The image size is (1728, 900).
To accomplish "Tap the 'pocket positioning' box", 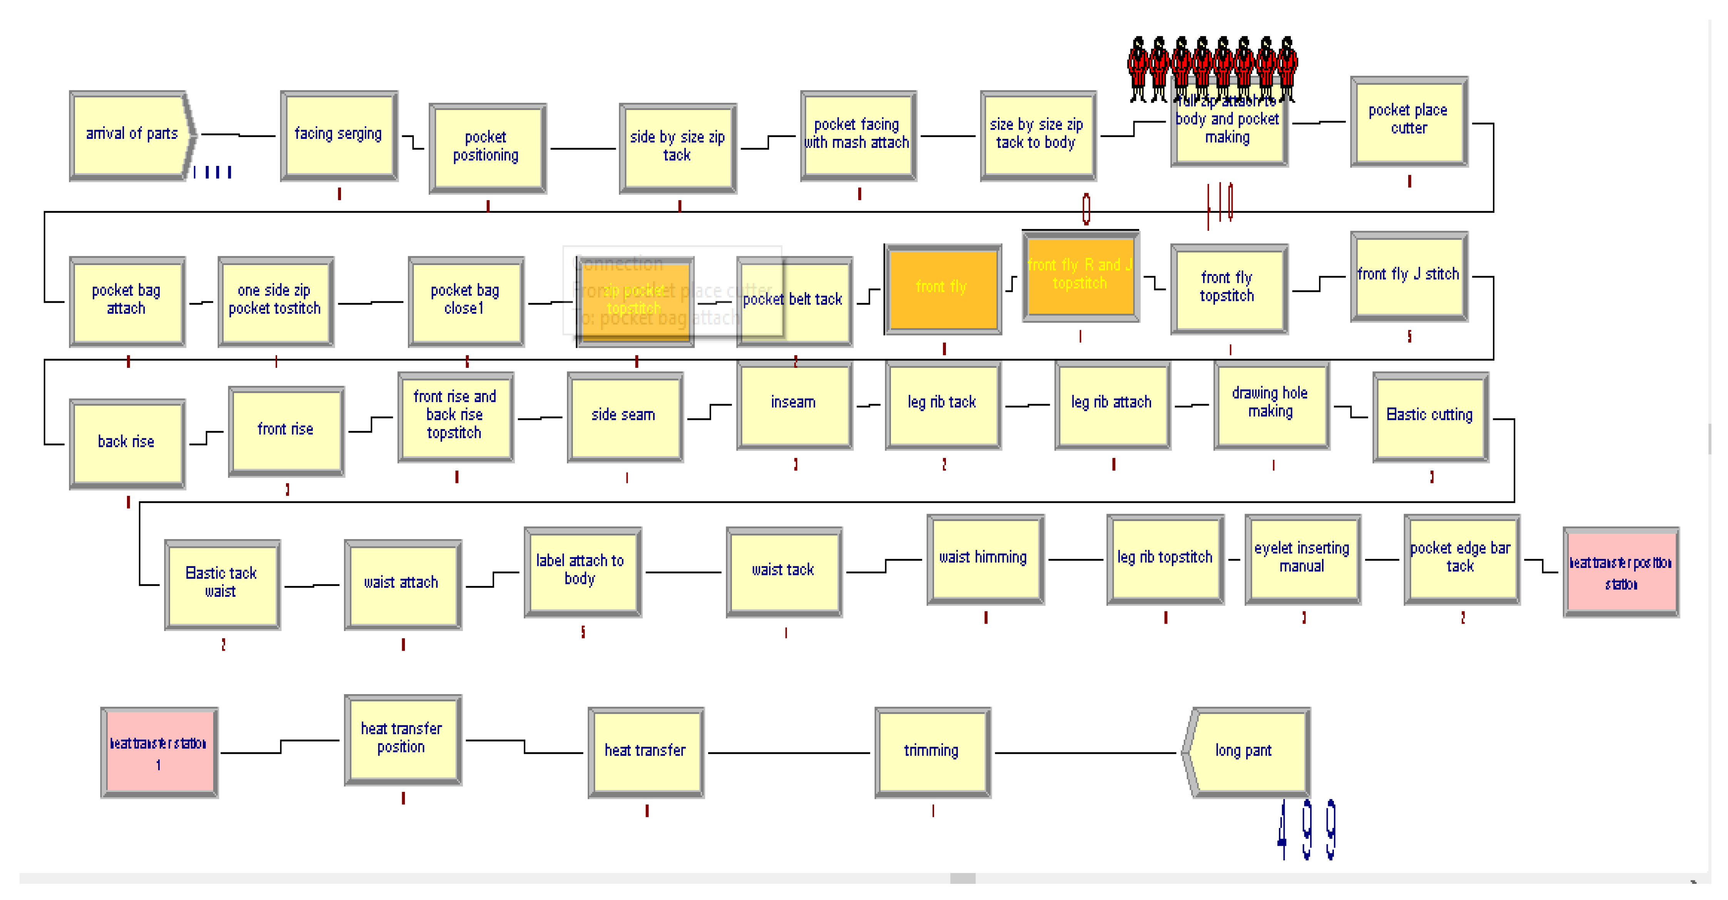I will coord(487,147).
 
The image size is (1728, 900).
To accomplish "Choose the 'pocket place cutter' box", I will coord(1409,121).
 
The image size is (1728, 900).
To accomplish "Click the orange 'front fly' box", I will coord(943,288).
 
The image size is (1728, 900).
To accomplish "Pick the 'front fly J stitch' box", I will coord(1409,276).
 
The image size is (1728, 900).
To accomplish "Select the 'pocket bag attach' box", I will coord(127,301).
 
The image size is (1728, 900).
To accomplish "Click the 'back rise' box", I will coord(127,442).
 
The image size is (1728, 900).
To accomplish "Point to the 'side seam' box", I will coord(625,416).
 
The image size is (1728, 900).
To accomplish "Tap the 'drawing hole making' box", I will coord(1271,404).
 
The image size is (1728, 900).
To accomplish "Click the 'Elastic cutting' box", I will coord(1430,416).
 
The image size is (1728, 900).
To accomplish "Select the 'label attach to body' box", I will coord(582,571).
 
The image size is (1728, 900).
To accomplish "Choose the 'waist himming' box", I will coord(985,559).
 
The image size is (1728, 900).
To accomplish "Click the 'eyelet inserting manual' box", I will coord(1302,559).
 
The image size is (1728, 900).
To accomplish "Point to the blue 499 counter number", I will coord(1307,830).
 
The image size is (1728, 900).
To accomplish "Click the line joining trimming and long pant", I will coord(1087,753).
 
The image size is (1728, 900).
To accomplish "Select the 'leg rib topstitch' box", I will coord(1165,559).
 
